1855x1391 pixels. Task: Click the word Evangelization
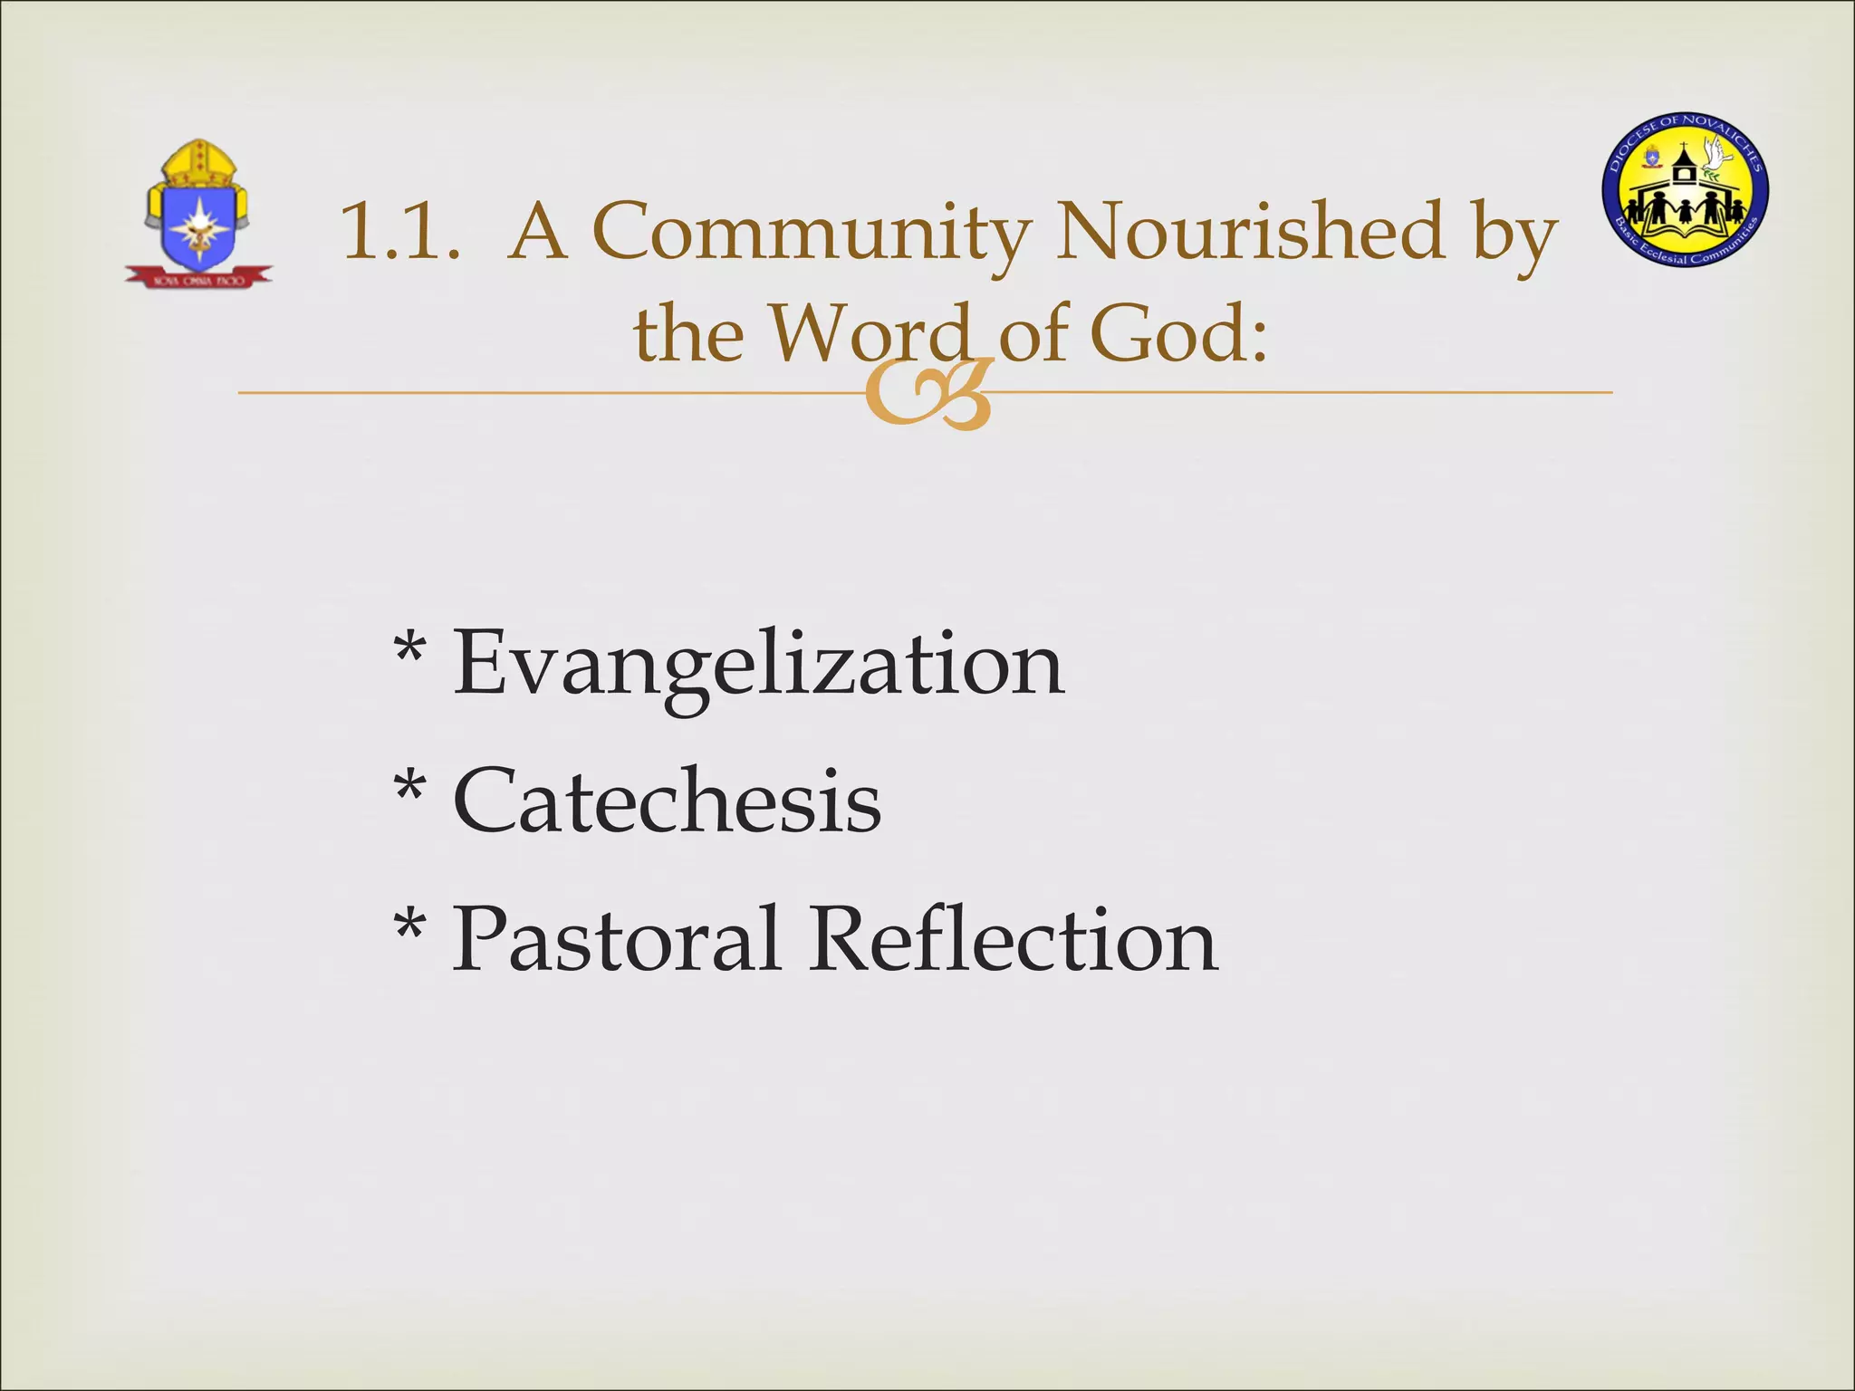click(x=758, y=665)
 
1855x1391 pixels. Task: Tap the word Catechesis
click(x=667, y=801)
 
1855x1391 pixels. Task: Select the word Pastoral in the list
click(x=616, y=939)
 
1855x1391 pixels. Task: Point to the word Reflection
click(x=1014, y=939)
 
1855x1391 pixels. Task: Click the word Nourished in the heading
click(x=1251, y=232)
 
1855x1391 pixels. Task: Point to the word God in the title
click(x=1177, y=333)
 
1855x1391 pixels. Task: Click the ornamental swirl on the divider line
click(x=927, y=394)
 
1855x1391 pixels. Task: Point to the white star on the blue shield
click(x=197, y=223)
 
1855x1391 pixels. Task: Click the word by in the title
click(x=1514, y=234)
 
